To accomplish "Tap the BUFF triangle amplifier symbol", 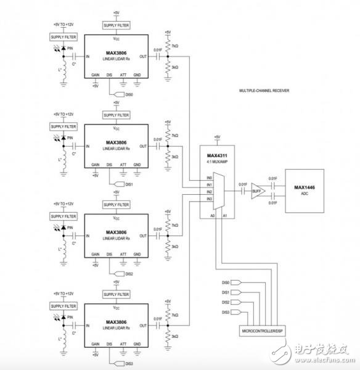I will tap(257, 192).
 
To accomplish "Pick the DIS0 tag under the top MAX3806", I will tap(128, 95).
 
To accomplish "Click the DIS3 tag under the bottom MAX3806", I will tap(128, 364).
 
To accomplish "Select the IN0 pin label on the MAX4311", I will tap(209, 177).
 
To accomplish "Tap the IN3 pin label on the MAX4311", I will tap(209, 199).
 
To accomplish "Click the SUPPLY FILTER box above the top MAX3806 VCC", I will tap(117, 25).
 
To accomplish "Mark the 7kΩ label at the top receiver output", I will tap(175, 46).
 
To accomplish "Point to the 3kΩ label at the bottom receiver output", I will tap(175, 336).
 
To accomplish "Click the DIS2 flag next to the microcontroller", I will tap(226, 302).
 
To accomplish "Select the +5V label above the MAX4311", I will tap(217, 137).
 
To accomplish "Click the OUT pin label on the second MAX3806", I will tap(143, 147).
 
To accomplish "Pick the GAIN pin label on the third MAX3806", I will tap(96, 254).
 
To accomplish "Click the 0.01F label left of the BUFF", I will tap(243, 184).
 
